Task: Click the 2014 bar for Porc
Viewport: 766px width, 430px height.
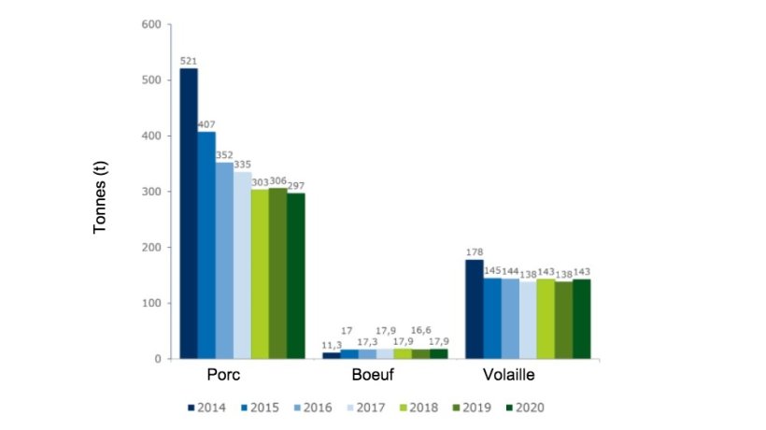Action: pos(189,213)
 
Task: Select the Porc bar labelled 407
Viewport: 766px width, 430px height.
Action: pos(206,245)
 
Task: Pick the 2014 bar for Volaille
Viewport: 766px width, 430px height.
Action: pos(474,308)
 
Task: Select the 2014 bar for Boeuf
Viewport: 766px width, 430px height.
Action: pos(332,355)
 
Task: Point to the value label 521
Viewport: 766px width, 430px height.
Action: pos(189,61)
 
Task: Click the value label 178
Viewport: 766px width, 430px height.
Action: pos(474,251)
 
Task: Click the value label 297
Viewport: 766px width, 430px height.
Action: pos(297,185)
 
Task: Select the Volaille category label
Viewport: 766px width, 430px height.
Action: pos(511,376)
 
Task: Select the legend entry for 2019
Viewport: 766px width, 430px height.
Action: pos(469,408)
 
